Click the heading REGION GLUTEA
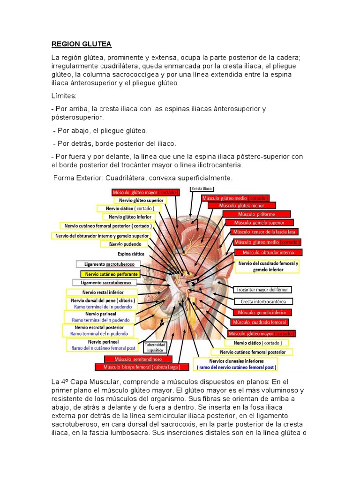(x=82, y=45)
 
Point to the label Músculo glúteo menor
(x=241, y=205)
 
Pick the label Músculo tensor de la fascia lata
(x=265, y=232)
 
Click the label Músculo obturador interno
(x=269, y=252)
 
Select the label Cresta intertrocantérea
(x=266, y=301)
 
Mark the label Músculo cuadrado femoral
(x=260, y=322)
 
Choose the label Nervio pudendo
(x=125, y=244)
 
